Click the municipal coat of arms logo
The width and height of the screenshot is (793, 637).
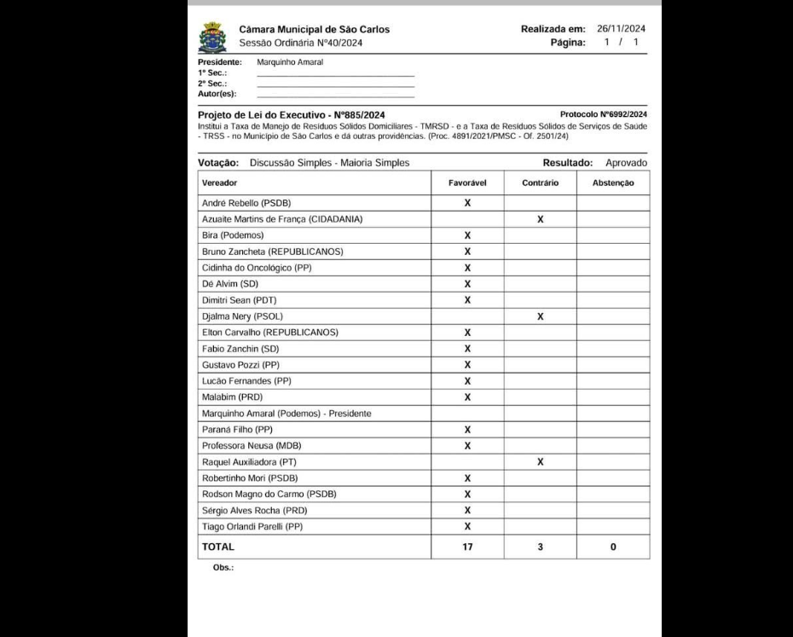tap(212, 38)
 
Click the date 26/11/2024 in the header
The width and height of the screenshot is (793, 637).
tap(621, 28)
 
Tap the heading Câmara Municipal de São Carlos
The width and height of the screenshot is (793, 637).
tap(315, 29)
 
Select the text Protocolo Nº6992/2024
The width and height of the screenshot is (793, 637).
tap(603, 113)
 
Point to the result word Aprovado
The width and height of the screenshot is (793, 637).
tap(626, 162)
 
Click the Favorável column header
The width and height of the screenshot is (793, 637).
tap(467, 182)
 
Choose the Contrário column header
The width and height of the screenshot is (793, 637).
tap(540, 182)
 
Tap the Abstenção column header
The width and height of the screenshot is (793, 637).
tap(613, 182)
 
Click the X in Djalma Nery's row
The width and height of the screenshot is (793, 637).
tap(540, 316)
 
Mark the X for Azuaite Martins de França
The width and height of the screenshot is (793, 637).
tap(540, 219)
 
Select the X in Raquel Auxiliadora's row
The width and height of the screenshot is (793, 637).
tap(540, 461)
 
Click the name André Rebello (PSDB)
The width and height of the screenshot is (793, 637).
tap(244, 203)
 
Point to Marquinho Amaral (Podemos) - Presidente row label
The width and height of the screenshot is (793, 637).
tap(286, 414)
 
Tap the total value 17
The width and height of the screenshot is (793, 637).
tap(467, 547)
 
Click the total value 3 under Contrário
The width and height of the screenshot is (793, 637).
tap(540, 547)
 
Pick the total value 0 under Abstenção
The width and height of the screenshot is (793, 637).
tap(613, 547)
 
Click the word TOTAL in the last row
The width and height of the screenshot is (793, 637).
tap(217, 547)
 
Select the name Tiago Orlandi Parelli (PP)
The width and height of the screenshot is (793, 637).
tap(252, 526)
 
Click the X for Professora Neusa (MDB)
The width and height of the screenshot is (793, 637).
tap(467, 445)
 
